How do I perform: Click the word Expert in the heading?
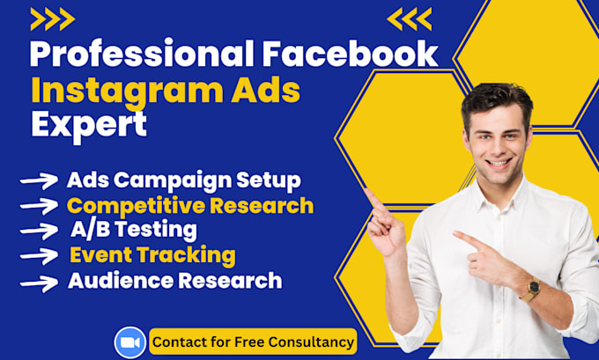pyautogui.click(x=89, y=125)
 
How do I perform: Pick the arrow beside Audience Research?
pyautogui.click(x=39, y=283)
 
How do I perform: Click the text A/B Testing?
pyautogui.click(x=133, y=231)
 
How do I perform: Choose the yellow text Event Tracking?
pyautogui.click(x=152, y=256)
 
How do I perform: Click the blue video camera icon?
pyautogui.click(x=130, y=341)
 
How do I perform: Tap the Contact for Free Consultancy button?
pyautogui.click(x=253, y=341)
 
